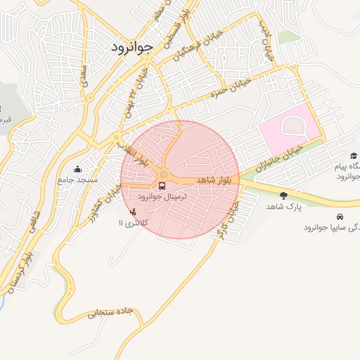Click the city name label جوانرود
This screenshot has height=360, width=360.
(x=131, y=47)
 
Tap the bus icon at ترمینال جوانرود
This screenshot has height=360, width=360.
(x=163, y=186)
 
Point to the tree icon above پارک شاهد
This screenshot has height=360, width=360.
(x=283, y=195)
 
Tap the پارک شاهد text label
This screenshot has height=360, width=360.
(x=283, y=207)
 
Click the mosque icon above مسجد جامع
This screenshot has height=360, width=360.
(x=77, y=169)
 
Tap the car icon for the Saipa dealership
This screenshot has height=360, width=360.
(x=340, y=217)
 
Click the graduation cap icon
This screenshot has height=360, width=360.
(x=353, y=156)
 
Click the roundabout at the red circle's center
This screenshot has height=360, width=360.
(x=164, y=175)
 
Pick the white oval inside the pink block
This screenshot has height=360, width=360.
(x=290, y=127)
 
